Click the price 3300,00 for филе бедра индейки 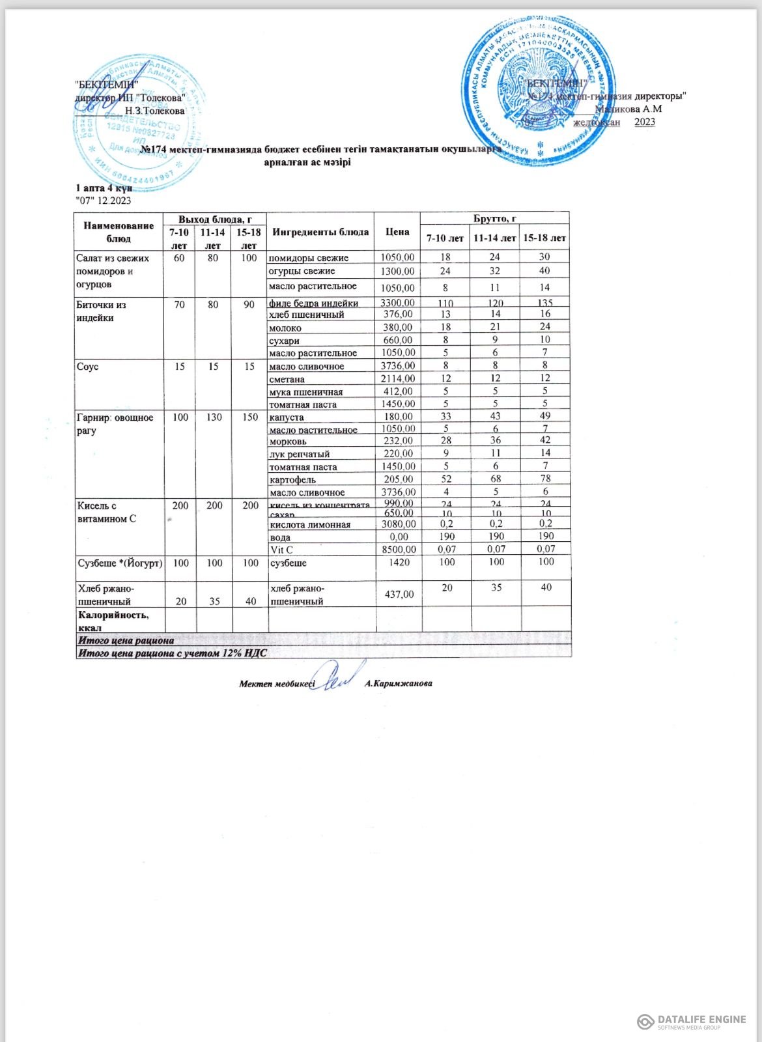click(x=397, y=303)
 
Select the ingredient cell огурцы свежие click(x=302, y=271)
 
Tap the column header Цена click(x=397, y=232)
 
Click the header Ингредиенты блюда click(x=320, y=232)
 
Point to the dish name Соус click(x=88, y=367)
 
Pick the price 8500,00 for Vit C click(x=399, y=550)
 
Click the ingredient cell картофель click(x=292, y=479)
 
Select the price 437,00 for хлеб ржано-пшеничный click(x=399, y=594)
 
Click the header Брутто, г click(x=495, y=219)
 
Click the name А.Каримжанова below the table click(x=399, y=683)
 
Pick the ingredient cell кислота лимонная click(x=310, y=524)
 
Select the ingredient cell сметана click(x=287, y=378)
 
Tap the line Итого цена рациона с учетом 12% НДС click(x=173, y=652)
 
